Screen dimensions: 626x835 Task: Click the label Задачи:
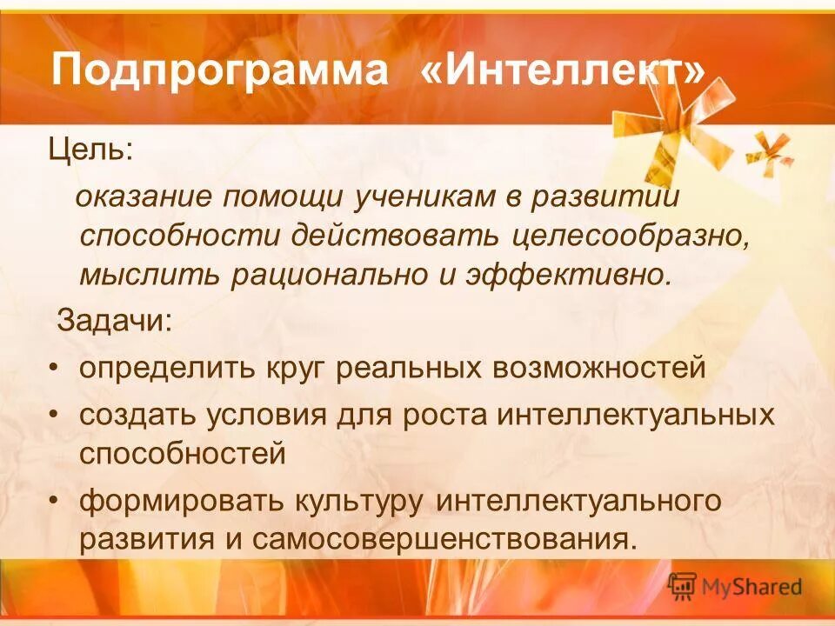[x=116, y=321]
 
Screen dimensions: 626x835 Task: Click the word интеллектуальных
[x=635, y=415]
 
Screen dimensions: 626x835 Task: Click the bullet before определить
[x=55, y=368]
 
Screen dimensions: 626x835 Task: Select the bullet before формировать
[x=55, y=502]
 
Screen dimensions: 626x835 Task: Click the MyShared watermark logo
[x=735, y=587]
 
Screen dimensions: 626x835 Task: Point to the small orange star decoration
[x=770, y=150]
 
